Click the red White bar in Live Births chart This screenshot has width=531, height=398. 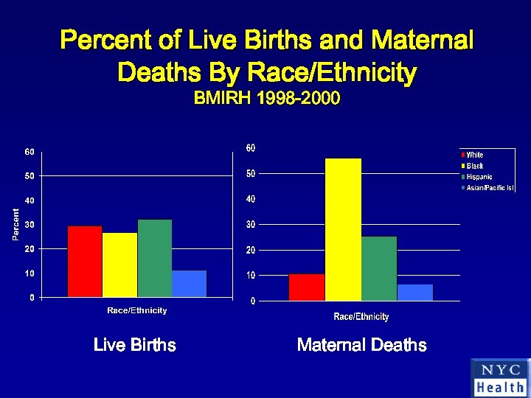click(85, 262)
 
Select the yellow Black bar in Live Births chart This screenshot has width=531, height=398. click(119, 265)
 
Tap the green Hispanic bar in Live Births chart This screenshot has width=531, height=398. click(154, 258)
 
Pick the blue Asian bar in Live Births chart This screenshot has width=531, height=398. click(190, 284)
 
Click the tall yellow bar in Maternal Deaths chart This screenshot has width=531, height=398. click(343, 229)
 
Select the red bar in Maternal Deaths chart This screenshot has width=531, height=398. click(307, 287)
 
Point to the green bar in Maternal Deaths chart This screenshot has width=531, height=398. click(379, 268)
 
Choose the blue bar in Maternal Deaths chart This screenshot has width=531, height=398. click(415, 293)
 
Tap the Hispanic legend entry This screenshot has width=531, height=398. click(479, 177)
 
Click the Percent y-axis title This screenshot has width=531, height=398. click(15, 223)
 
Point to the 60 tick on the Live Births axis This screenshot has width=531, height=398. click(29, 152)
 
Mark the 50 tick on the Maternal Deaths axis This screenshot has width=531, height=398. click(251, 174)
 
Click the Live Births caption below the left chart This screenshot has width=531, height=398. click(135, 345)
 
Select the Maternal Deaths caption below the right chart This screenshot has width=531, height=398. click(361, 345)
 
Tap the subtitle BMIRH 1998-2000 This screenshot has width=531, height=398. click(266, 99)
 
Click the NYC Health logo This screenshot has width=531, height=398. click(500, 378)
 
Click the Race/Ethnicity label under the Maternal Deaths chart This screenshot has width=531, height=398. click(361, 317)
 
